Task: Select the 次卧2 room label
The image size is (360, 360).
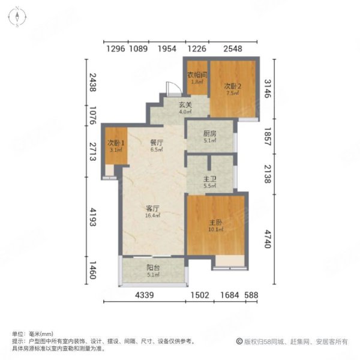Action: tap(233, 85)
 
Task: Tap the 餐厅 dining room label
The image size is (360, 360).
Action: tap(157, 143)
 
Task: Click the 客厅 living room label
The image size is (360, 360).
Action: tap(152, 209)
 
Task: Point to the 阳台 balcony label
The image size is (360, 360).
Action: tap(153, 269)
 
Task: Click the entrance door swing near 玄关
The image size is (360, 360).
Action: tap(172, 89)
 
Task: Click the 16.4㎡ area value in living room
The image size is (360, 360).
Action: tap(152, 216)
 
